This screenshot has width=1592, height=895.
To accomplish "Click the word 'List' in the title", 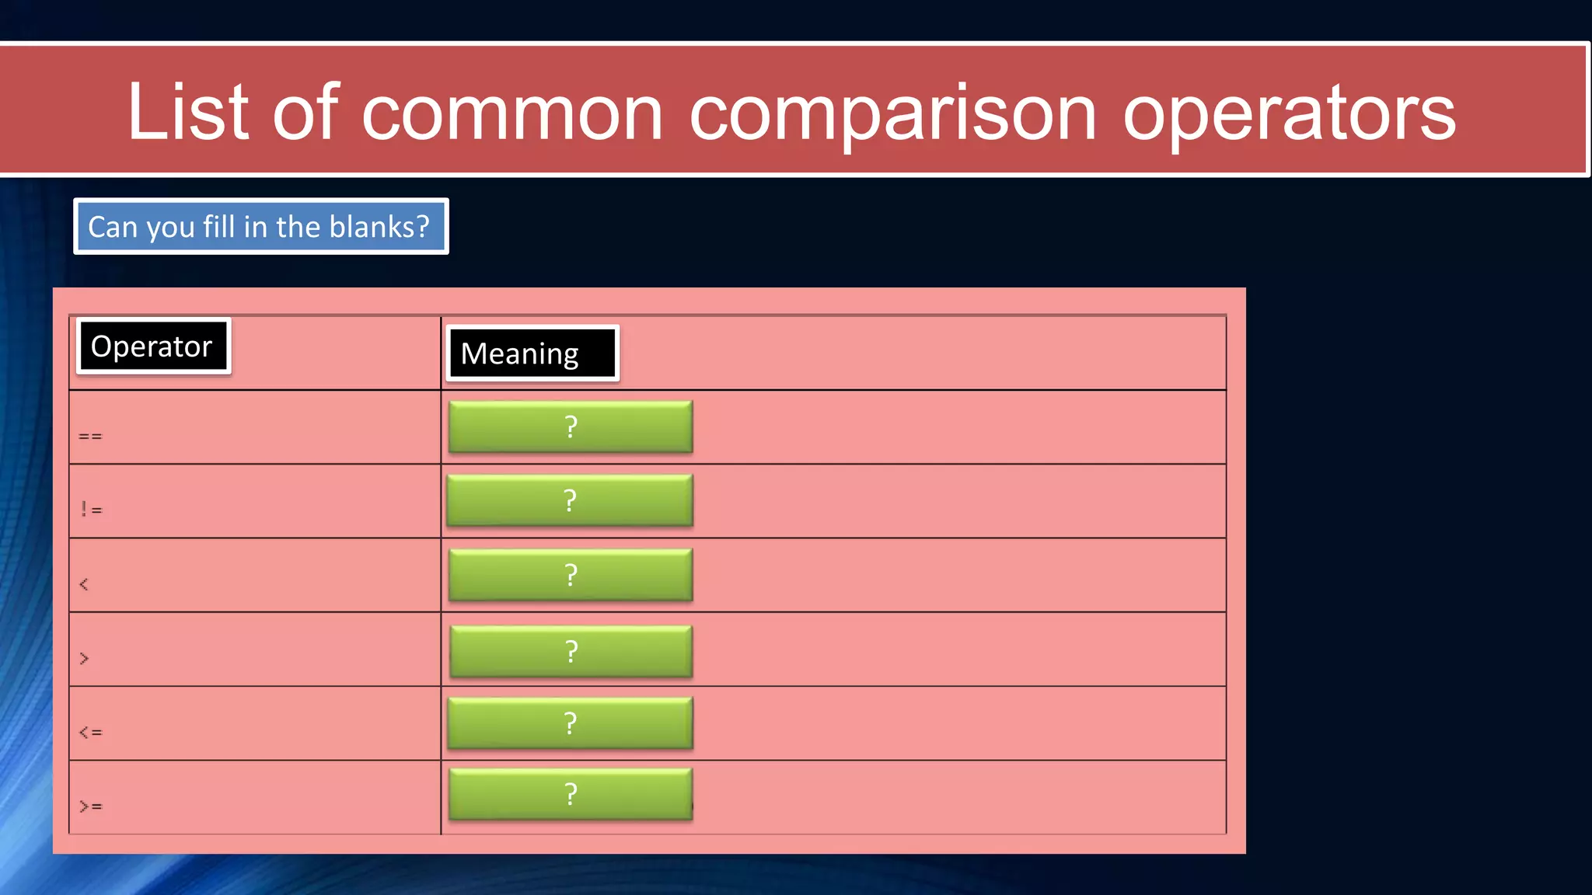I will pos(187,113).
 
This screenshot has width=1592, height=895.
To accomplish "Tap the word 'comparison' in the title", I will pos(892,114).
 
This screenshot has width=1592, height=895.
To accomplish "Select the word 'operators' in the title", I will pos(1288,114).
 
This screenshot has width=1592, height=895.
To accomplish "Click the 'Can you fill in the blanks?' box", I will pos(261,227).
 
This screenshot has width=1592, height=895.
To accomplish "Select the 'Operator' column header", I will pos(152,347).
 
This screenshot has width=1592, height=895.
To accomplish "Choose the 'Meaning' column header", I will pos(532,353).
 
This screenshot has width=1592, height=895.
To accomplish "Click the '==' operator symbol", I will pos(90,437).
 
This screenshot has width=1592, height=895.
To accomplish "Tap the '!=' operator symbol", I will pos(91,510).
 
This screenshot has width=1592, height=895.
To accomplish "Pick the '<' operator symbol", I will pos(84,584).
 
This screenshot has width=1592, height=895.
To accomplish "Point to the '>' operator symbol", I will pos(84,659).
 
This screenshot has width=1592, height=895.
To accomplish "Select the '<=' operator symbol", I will pos(90,732).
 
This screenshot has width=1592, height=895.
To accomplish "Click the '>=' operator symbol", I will pos(90,806).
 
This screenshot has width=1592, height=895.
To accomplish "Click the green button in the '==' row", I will pos(571,427).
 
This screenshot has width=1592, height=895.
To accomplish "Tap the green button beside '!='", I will pos(570,500).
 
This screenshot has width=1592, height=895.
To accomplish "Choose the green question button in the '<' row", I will pos(571,575).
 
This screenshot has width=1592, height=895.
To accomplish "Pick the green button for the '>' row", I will pos(571,651).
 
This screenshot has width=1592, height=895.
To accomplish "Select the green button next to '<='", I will pos(570,723).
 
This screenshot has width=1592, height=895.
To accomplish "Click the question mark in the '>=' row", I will pos(571,794).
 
